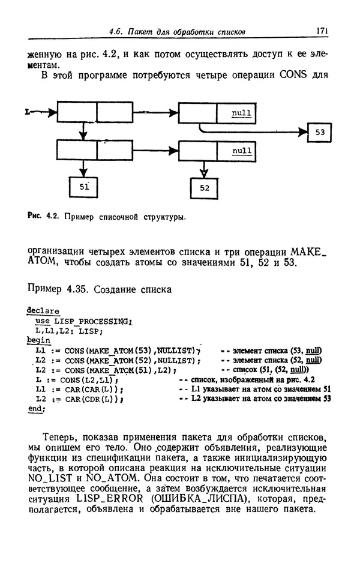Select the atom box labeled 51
[x=83, y=187]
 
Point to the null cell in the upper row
[x=241, y=113]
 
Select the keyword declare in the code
[x=43, y=312]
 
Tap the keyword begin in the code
[x=39, y=339]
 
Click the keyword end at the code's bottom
[x=36, y=409]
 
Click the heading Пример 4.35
[x=59, y=290]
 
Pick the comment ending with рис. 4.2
[x=251, y=380]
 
